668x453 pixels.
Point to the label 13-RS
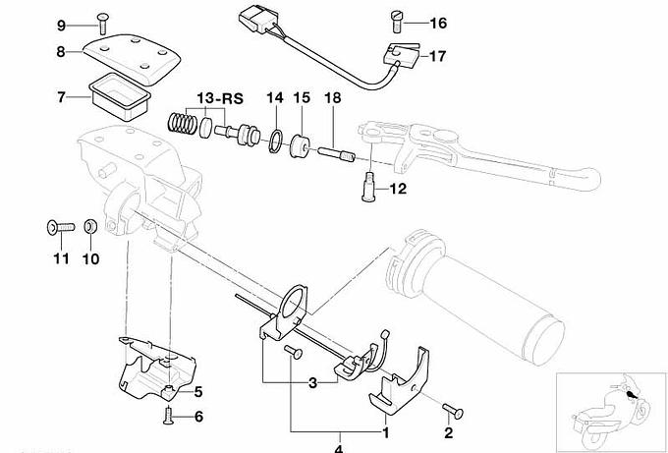(x=219, y=98)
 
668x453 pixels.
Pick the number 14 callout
(x=274, y=98)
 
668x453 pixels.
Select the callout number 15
(x=302, y=98)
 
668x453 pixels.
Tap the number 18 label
(x=332, y=98)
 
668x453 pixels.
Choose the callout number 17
(x=436, y=56)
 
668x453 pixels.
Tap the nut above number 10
(x=89, y=227)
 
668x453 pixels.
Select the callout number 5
(x=197, y=392)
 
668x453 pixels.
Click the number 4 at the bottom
(x=340, y=449)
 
